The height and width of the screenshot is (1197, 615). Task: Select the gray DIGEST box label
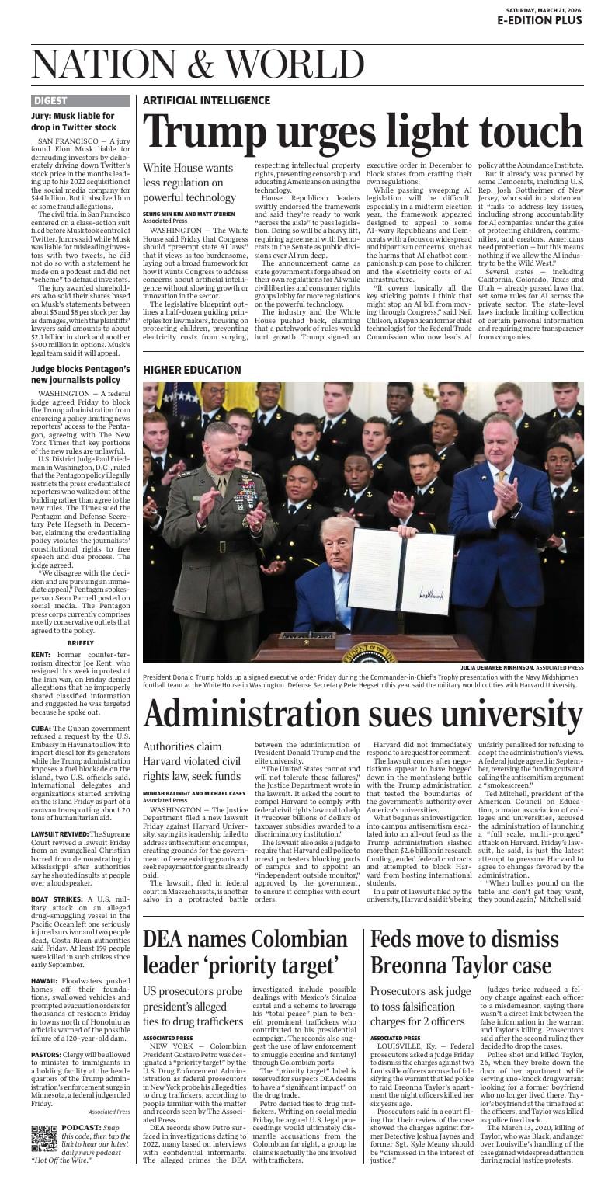tap(51, 101)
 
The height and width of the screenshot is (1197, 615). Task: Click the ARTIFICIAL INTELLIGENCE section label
tap(207, 101)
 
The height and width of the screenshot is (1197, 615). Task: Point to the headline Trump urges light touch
tap(363, 132)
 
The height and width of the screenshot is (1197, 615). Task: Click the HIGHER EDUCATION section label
tap(192, 370)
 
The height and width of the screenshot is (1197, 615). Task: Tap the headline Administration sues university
tap(363, 714)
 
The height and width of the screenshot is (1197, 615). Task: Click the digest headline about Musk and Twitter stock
tap(74, 121)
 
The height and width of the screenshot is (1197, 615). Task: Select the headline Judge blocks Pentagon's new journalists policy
tap(80, 374)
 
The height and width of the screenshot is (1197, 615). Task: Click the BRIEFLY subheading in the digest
tap(81, 643)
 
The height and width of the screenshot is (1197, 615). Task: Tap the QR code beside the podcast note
tap(44, 1137)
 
